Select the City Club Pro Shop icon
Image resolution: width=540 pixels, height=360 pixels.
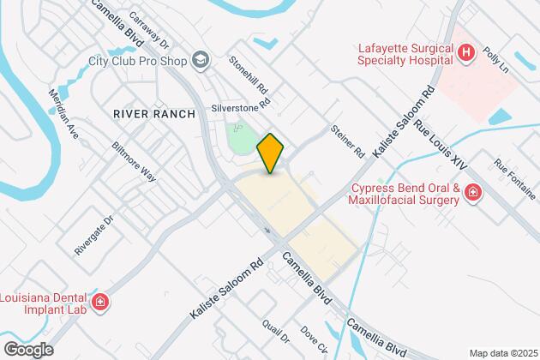pyautogui.click(x=201, y=60)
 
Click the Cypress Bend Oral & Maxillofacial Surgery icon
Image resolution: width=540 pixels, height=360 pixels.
pyautogui.click(x=472, y=195)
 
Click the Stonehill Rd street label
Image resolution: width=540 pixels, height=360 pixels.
pyautogui.click(x=249, y=77)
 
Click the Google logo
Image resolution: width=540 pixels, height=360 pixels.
pyautogui.click(x=28, y=350)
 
